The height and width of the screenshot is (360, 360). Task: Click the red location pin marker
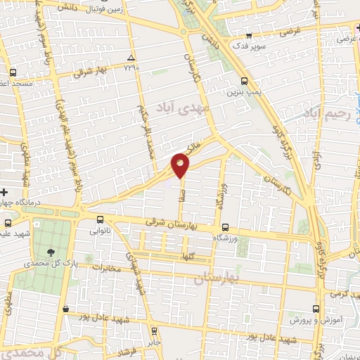pos(181,166)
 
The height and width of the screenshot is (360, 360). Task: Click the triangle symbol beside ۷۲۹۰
pos(131,57)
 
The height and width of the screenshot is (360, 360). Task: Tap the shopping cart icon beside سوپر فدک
pos(249,34)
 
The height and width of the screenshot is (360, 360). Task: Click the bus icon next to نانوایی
pos(99,219)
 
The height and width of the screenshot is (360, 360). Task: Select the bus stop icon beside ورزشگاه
pos(225,227)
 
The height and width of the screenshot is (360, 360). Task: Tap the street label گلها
pos(186,256)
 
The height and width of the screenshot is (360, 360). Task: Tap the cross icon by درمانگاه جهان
pos(4,191)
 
